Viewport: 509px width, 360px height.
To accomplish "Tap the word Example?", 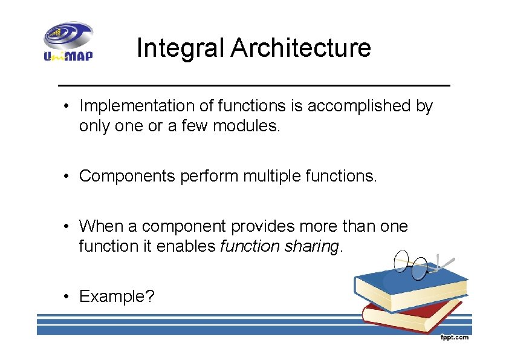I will pyautogui.click(x=117, y=296).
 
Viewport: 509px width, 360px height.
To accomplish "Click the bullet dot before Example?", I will pyautogui.click(x=70, y=297).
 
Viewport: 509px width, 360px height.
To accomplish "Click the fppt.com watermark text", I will pyautogui.click(x=454, y=337).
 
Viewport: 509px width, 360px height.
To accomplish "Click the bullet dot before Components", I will pyautogui.click(x=70, y=177).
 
